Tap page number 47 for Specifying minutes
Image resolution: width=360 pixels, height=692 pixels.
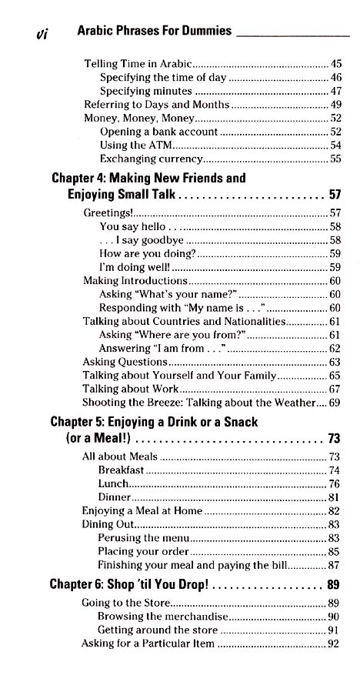point(335,91)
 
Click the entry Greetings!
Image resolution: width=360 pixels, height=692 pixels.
point(108,212)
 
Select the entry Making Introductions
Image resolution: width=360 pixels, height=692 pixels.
point(135,281)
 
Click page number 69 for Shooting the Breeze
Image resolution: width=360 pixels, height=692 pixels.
point(335,403)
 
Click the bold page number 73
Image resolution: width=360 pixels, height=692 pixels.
point(334,440)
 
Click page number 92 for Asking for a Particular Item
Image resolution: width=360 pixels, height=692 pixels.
point(333,644)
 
